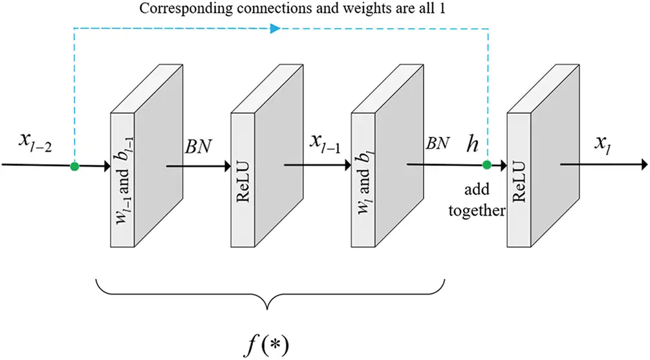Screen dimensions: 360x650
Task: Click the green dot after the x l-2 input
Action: [75, 166]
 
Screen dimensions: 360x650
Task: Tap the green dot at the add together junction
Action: [487, 165]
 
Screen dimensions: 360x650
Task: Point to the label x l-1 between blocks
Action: [326, 143]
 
